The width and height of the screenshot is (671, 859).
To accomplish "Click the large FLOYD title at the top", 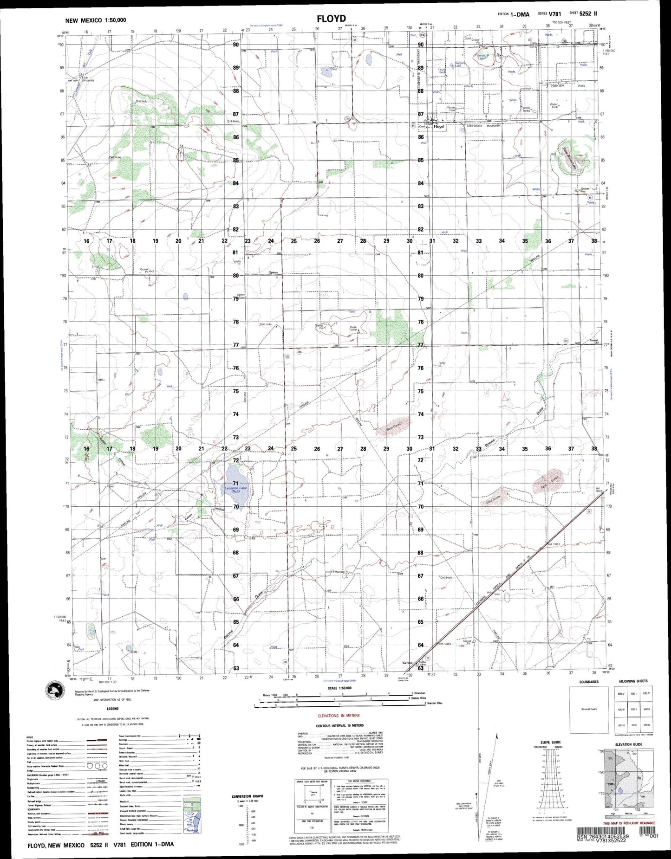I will [x=332, y=19].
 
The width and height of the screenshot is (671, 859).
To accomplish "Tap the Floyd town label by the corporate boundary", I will [x=438, y=126].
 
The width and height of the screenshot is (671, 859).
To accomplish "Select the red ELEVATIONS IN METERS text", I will [x=338, y=715].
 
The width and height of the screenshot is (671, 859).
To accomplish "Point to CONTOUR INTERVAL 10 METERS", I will [x=339, y=725].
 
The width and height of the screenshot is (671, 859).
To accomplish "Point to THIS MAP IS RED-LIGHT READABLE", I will [x=629, y=823].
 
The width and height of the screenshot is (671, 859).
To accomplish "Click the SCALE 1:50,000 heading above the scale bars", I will [x=339, y=688].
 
